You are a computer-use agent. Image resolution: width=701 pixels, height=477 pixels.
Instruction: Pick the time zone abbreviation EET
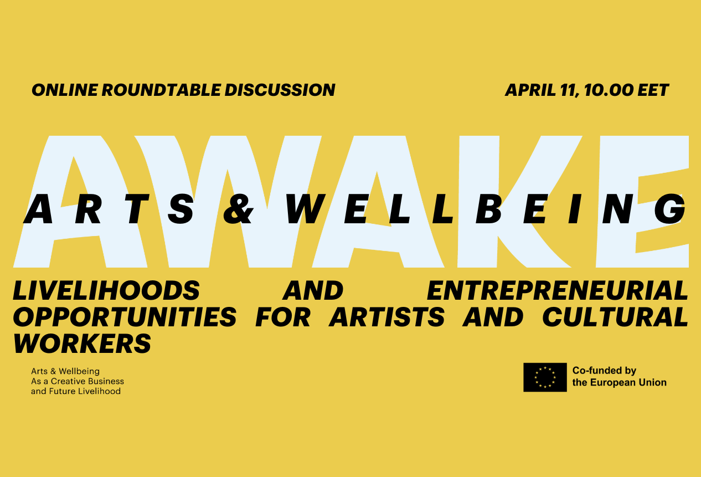(653, 90)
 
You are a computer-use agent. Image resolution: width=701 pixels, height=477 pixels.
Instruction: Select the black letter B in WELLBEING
(489, 210)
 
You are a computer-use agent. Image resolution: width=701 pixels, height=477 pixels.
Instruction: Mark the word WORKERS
(82, 343)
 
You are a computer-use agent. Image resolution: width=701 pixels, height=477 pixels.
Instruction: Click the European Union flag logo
(545, 377)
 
